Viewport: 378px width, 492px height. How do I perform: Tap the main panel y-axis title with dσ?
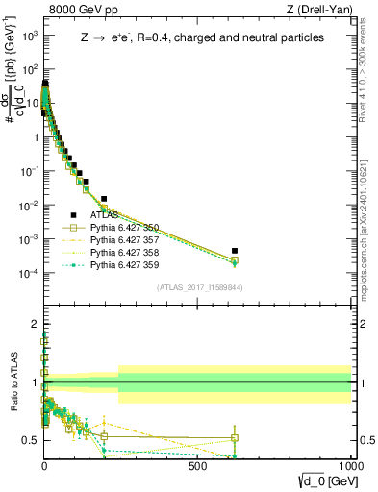pos(13,101)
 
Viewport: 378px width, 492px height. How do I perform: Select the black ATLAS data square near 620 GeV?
pos(235,251)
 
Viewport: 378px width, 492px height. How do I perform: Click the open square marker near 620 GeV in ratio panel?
pos(235,438)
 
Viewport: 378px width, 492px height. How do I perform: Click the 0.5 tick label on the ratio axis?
pos(29,439)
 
